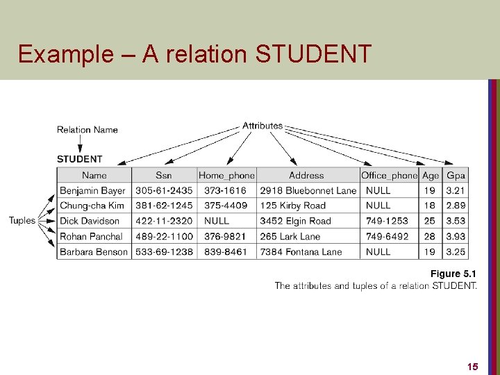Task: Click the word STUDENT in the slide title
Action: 314,53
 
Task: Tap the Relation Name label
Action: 87,129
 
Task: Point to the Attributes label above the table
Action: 262,126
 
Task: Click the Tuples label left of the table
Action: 22,221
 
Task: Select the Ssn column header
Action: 164,176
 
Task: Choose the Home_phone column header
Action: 227,176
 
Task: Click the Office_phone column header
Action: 390,176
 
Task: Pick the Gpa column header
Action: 456,176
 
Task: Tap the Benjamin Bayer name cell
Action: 93,190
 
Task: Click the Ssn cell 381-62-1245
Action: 165,206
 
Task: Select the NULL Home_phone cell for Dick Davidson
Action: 217,221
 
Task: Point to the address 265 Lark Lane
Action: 290,236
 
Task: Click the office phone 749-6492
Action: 387,236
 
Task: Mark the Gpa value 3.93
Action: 456,236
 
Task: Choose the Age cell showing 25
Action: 431,221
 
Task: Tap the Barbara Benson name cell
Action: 94,251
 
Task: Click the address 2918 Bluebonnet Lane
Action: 308,190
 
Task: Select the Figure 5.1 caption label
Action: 453,274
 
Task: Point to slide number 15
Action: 472,366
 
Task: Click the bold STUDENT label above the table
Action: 80,159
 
